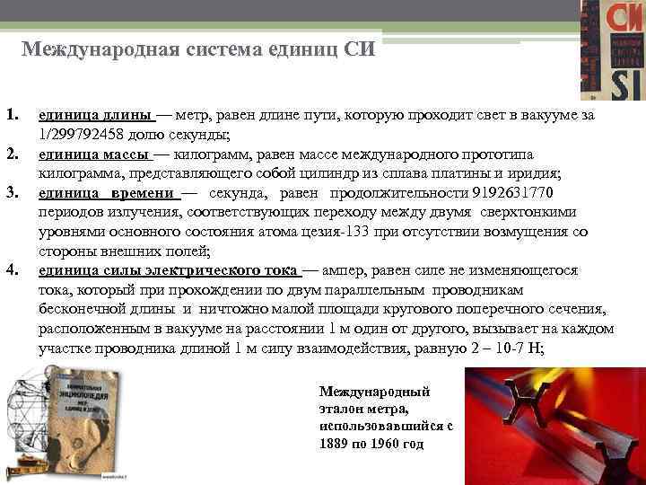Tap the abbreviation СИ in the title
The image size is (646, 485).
(360, 48)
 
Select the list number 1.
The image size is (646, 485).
(12, 117)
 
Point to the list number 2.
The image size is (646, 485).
(12, 154)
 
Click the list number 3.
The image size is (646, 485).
(12, 193)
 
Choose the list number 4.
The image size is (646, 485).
(12, 269)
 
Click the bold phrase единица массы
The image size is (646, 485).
(94, 154)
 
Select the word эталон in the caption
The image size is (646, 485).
(342, 409)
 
